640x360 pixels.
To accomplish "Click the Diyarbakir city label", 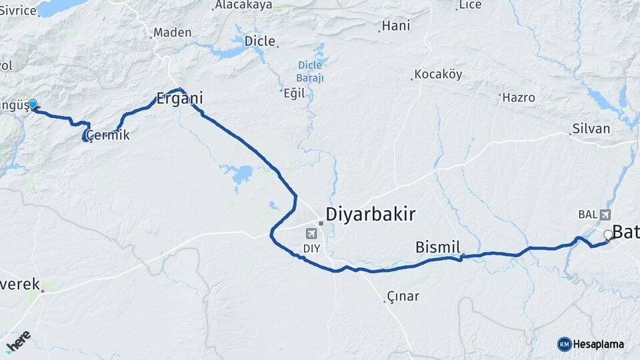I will tap(370, 214).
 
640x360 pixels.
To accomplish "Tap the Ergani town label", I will tap(179, 99).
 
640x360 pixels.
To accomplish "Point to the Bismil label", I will tap(438, 248).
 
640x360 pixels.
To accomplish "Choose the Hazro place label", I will tap(519, 97).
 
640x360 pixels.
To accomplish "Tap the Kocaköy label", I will tap(438, 74).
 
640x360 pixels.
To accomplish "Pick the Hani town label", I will tap(396, 27).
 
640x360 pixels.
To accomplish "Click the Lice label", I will tap(469, 5).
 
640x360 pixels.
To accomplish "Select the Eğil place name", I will tap(293, 93).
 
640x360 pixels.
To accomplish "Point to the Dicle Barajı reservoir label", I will tap(310, 71).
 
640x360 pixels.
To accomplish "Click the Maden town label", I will tap(172, 32).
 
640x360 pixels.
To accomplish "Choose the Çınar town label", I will tap(403, 296).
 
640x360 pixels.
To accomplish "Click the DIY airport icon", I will tap(311, 233).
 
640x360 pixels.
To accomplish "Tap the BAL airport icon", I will tap(605, 215).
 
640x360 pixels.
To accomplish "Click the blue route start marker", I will tap(32, 105).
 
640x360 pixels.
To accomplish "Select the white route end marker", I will tap(607, 235).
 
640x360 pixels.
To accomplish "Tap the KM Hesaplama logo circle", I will tap(564, 344).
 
